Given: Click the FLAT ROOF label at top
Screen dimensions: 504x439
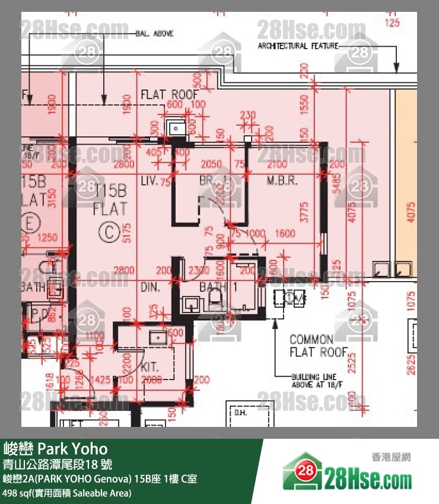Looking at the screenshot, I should coord(168,94).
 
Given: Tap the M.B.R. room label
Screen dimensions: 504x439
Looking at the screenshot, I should coord(282,180).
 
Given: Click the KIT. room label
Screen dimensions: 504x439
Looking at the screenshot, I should coord(150,367).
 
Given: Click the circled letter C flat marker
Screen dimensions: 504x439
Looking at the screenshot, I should coord(109,232).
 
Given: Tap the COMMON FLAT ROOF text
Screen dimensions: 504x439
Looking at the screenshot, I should coord(319,346).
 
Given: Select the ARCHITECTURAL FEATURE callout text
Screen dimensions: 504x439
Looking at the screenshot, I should coord(298,46).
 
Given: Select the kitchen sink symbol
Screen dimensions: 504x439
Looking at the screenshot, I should coord(158,338).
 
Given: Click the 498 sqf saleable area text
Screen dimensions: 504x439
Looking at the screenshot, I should coord(66,492).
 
